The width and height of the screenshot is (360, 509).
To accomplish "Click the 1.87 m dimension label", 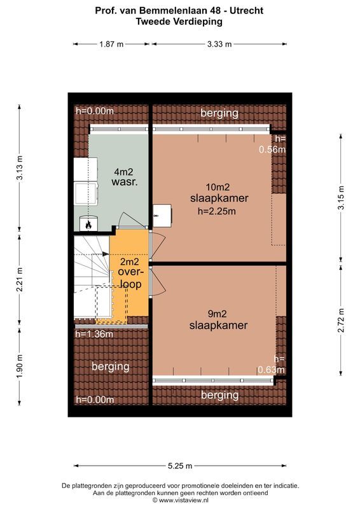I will click(111, 44).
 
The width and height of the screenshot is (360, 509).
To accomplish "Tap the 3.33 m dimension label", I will click(219, 44).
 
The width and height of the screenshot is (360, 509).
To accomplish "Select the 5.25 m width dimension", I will click(180, 466).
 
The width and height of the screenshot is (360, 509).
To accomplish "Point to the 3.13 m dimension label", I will click(20, 168).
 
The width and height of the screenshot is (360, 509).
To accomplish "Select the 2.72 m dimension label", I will click(342, 320).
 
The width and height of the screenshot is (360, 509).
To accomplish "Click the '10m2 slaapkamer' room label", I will click(218, 192).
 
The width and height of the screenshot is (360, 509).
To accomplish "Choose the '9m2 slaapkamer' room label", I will click(218, 319).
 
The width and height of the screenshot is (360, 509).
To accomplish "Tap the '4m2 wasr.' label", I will click(125, 177).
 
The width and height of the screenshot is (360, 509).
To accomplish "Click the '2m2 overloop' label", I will click(130, 273).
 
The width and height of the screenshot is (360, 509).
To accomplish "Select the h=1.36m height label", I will click(94, 334).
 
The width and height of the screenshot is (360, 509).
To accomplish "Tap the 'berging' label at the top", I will click(219, 113).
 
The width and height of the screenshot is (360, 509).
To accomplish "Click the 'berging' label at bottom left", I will click(110, 366).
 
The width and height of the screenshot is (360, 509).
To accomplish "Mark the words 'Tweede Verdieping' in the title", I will click(179, 21).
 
